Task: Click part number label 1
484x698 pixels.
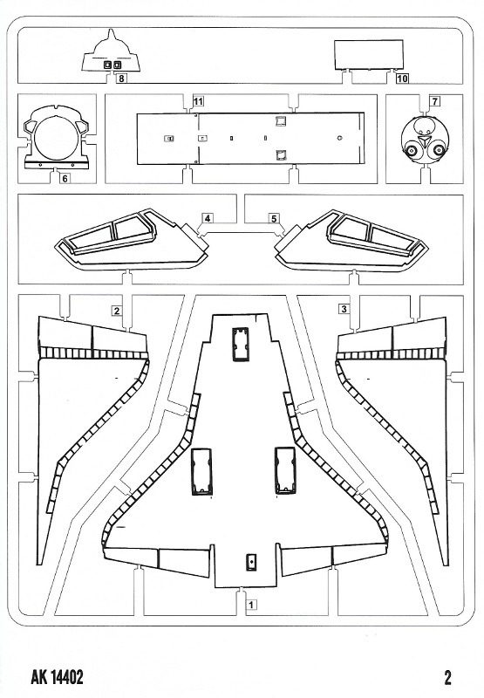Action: (251, 605)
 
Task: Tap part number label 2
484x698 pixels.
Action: (117, 311)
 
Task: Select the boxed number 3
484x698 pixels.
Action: (344, 309)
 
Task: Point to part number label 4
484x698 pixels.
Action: (208, 218)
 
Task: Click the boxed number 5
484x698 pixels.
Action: (274, 218)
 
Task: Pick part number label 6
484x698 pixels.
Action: (65, 179)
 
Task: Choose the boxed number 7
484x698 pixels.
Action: (434, 101)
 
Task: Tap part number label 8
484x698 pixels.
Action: (121, 79)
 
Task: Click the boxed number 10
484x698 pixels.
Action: (402, 79)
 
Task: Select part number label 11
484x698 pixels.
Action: (198, 101)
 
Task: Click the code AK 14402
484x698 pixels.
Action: (57, 678)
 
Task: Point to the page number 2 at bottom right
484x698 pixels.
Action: (447, 678)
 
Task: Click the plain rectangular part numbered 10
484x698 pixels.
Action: (369, 55)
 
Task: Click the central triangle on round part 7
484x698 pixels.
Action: (424, 144)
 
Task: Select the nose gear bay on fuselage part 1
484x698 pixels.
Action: (241, 342)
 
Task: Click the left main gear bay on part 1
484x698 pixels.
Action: (201, 471)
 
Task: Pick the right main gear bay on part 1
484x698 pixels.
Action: (285, 470)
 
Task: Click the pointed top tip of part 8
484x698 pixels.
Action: (112, 30)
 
